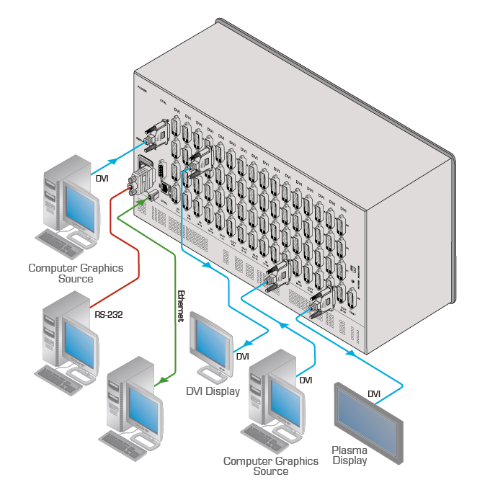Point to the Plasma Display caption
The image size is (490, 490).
[x=349, y=455]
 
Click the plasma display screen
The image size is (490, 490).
[x=367, y=422]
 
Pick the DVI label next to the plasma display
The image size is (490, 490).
[x=374, y=393]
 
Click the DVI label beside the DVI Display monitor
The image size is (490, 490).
[x=242, y=356]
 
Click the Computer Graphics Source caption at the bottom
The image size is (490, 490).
[x=271, y=465]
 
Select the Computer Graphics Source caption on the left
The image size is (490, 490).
[x=76, y=273]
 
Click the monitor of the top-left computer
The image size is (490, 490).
[x=79, y=206]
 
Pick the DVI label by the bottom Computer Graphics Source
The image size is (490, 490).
[x=306, y=380]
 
